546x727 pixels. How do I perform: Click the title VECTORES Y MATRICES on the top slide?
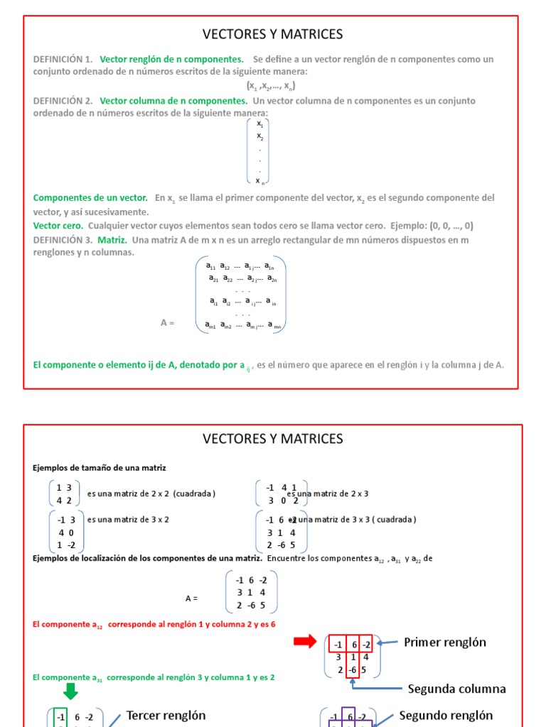pos(273,34)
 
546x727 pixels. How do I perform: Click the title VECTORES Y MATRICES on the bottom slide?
pos(273,439)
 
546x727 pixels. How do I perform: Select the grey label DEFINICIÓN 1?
pos(63,59)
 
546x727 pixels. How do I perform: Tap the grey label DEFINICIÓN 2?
pos(63,101)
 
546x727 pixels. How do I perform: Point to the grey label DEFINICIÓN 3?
pos(63,240)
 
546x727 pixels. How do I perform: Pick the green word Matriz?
pos(112,240)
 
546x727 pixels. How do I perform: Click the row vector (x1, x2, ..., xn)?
pos(271,86)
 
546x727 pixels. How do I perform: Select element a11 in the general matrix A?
pos(210,266)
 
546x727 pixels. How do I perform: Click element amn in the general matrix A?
pos(274,326)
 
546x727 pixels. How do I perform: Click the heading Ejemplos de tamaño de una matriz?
pos(100,468)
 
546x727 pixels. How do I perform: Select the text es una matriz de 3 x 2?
pos(128,519)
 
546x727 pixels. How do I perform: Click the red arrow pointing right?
pos(306,642)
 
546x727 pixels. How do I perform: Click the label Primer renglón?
pos(445,642)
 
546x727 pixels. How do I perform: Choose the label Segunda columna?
pos(456,689)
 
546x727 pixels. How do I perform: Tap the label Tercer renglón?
pos(166,716)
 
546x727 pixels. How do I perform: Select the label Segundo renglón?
pos(446,715)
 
